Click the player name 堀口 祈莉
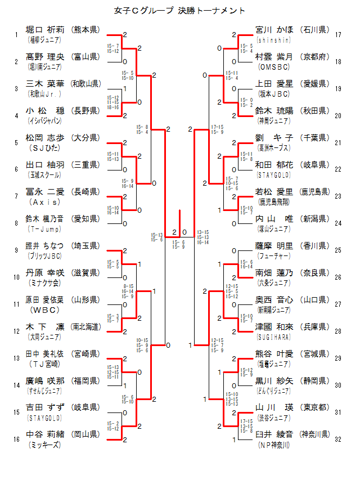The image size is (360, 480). tap(46, 29)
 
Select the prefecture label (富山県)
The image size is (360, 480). tap(86, 56)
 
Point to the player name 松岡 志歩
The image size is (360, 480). tap(46, 137)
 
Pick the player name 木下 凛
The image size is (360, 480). tap(46, 327)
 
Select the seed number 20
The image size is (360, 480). tap(338, 116)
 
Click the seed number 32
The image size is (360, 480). tap(338, 439)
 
